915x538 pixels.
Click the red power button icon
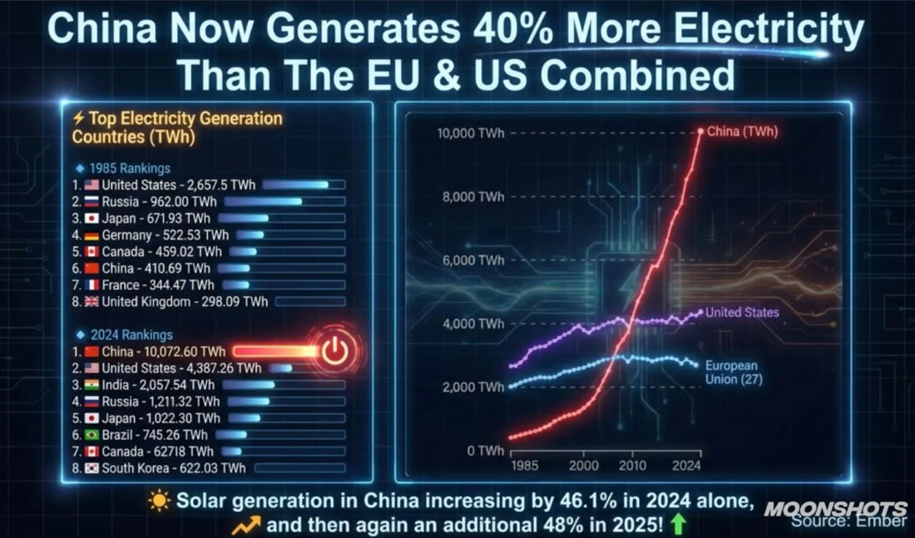point(335,352)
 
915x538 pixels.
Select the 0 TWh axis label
point(484,451)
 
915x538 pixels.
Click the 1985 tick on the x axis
point(524,466)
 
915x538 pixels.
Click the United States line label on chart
point(743,313)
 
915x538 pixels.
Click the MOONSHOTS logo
point(835,508)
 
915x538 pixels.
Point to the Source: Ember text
point(848,521)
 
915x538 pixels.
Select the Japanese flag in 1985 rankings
point(91,218)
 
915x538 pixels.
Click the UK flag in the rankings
point(91,302)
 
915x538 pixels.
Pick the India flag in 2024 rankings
point(91,385)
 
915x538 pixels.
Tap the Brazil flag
point(91,435)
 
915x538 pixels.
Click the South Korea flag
point(91,468)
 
